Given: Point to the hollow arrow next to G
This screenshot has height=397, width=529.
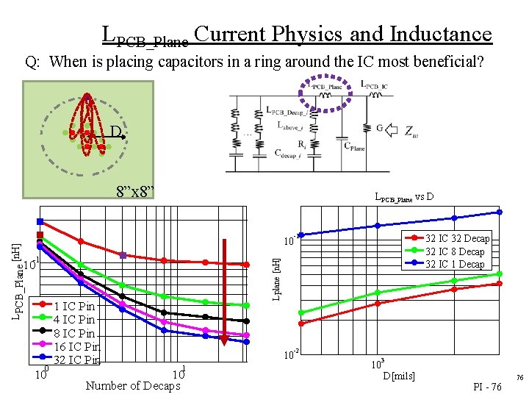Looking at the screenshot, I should (x=392, y=130).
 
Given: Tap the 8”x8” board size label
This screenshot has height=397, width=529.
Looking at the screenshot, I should (x=135, y=193).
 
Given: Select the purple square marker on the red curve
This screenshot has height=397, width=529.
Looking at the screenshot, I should (x=123, y=256).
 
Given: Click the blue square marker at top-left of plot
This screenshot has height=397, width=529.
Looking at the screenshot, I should (x=40, y=221).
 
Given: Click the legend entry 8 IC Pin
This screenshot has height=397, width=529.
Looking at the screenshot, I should (x=74, y=333).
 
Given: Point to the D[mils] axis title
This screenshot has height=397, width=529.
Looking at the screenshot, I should (x=399, y=376).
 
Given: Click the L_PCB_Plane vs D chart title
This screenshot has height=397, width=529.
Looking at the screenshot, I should (x=404, y=197).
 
